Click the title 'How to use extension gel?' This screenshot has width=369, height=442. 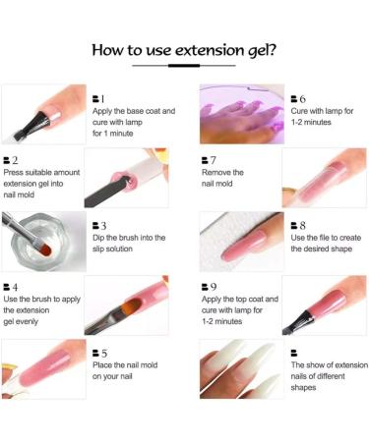tap(184, 49)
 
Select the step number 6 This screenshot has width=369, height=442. tap(302, 98)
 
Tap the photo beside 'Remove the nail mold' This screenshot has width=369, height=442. tap(324, 177)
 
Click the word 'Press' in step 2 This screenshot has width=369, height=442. tap(17, 172)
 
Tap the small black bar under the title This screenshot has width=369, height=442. tap(183, 66)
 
